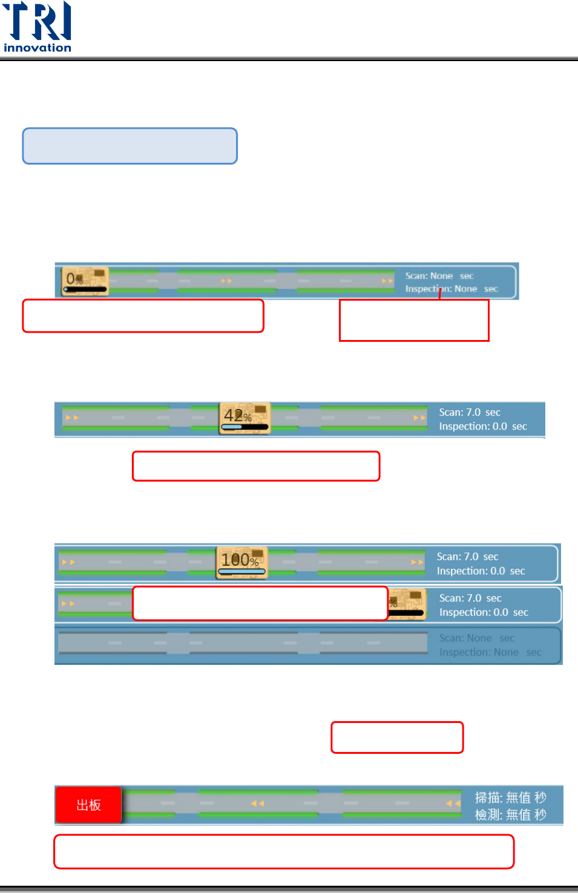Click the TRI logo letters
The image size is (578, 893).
pyautogui.click(x=38, y=21)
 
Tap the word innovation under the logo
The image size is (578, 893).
pyautogui.click(x=38, y=48)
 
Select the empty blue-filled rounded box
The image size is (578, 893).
pyautogui.click(x=130, y=146)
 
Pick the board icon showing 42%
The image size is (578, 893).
pyautogui.click(x=245, y=418)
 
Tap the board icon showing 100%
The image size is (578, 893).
pyautogui.click(x=241, y=562)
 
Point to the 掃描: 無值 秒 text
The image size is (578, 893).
pyautogui.click(x=510, y=797)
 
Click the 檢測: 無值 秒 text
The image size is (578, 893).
pyautogui.click(x=510, y=815)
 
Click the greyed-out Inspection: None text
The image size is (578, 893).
pyautogui.click(x=490, y=652)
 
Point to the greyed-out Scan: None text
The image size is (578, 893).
pyautogui.click(x=476, y=638)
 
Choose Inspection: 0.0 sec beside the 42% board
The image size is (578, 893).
pyautogui.click(x=482, y=427)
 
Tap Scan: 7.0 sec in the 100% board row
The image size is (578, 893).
pyautogui.click(x=467, y=557)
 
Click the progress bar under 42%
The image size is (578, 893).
pyautogui.click(x=245, y=427)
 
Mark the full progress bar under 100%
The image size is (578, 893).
pyautogui.click(x=241, y=571)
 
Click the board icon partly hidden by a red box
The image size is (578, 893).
pyautogui.click(x=407, y=603)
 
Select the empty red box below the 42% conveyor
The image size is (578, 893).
pyautogui.click(x=256, y=466)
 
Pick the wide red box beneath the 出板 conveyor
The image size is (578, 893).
pyautogui.click(x=284, y=851)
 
